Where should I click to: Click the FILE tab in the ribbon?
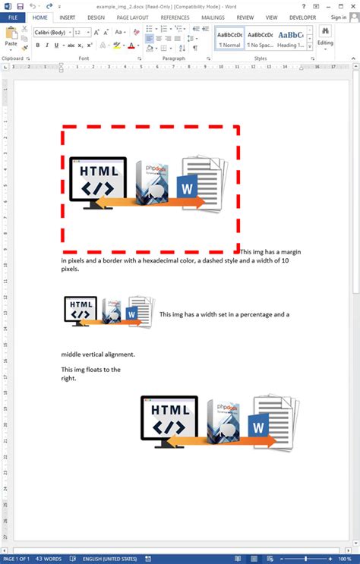[12, 17]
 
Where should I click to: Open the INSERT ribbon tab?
[67, 17]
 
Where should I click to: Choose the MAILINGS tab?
[213, 17]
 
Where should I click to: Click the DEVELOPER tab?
[302, 17]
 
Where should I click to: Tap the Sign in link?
[338, 17]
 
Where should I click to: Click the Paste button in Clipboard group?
[11, 38]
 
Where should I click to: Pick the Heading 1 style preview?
[290, 39]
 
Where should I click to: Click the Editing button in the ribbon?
[325, 36]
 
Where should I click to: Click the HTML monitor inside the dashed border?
[97, 179]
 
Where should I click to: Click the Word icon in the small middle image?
[131, 313]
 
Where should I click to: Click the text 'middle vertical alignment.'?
[98, 354]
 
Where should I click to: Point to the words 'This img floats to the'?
[90, 370]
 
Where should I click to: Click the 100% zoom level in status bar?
[346, 558]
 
